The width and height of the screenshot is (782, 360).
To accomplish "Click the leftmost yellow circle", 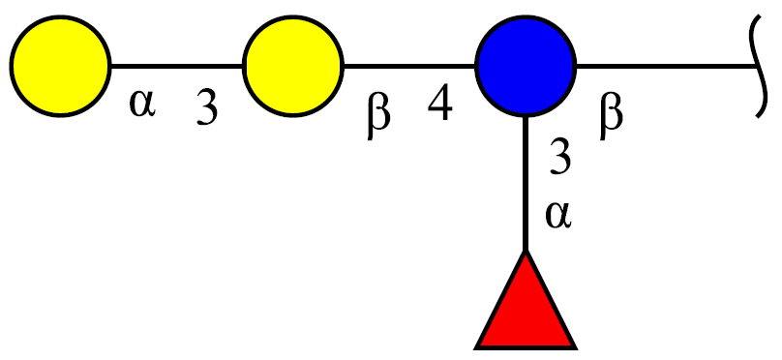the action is (x=60, y=66).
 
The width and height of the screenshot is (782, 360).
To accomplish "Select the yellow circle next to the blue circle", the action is (x=293, y=66).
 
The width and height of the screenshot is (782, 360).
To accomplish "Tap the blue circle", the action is (x=526, y=66).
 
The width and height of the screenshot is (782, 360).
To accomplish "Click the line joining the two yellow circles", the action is (x=177, y=66).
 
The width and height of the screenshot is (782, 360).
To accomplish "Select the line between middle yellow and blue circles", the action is (x=410, y=66).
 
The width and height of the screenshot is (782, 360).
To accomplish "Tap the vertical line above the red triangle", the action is (x=526, y=184).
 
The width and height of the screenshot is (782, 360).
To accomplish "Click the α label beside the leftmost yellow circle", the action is (x=142, y=104).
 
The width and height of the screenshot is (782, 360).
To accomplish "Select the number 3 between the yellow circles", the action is (x=206, y=106).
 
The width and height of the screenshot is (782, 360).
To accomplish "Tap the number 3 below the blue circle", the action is (x=560, y=157).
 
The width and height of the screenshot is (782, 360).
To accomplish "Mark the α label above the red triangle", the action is (x=558, y=215).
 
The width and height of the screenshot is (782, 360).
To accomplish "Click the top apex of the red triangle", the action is (x=526, y=251).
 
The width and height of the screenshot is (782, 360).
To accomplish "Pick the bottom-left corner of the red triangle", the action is (x=476, y=347).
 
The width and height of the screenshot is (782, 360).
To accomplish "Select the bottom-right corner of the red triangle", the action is (x=577, y=347).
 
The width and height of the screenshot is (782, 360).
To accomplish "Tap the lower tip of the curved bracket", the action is (x=757, y=117).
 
